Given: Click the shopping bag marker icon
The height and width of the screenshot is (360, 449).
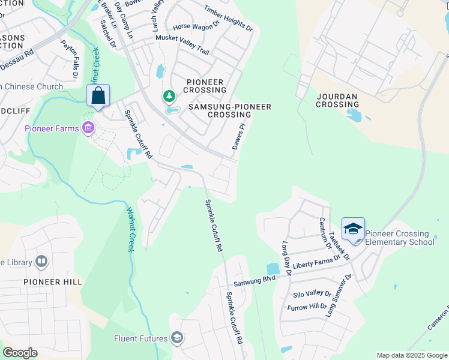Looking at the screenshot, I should (x=98, y=95).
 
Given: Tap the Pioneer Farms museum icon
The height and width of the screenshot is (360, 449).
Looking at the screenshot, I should (x=89, y=128).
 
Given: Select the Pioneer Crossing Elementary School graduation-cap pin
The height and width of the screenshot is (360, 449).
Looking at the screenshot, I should (x=353, y=229).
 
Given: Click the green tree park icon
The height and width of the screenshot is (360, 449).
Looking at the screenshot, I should (x=169, y=96).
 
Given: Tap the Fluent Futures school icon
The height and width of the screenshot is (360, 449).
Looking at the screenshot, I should (x=177, y=338).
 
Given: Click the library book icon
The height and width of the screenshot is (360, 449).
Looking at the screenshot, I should (x=41, y=262).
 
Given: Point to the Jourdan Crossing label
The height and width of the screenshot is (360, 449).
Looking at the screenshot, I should (x=337, y=100).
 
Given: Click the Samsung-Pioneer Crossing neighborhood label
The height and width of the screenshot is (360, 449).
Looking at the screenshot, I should (x=230, y=110).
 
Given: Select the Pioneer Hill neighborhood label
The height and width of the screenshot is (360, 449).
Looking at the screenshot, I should (x=53, y=281).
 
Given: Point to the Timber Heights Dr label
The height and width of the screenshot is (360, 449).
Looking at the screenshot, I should (x=228, y=19).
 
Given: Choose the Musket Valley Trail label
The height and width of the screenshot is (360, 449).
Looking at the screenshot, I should (x=182, y=44).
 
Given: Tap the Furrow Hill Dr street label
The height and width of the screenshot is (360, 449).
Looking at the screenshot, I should (x=307, y=306).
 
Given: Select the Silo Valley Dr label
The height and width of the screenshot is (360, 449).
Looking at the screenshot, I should (x=311, y=294).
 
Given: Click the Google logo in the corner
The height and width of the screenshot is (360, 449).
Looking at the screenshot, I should (x=20, y=353).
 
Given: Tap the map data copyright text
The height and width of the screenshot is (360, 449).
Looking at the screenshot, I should (x=412, y=355).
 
